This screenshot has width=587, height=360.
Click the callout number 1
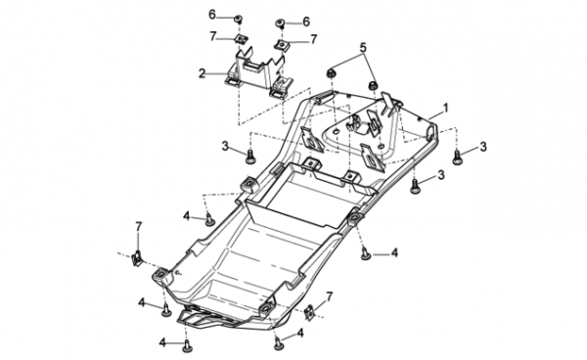[445, 109]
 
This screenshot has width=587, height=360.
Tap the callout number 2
[203, 73]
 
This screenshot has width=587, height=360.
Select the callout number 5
[363, 48]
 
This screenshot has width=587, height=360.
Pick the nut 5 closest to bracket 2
[331, 73]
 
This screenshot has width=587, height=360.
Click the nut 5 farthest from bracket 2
[373, 85]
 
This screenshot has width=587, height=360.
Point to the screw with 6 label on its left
[238, 18]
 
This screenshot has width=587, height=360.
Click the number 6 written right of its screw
[306, 22]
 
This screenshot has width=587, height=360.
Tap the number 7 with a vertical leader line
[139, 227]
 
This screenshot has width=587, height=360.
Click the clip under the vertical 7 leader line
[137, 258]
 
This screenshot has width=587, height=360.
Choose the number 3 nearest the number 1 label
[483, 147]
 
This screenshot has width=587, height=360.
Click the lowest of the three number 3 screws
[415, 187]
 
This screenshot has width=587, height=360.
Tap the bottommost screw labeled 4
[187, 346]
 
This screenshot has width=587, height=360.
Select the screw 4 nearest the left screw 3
[209, 219]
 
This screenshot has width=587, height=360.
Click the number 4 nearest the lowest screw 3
[394, 253]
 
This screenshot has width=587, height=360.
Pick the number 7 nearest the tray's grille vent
[329, 297]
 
